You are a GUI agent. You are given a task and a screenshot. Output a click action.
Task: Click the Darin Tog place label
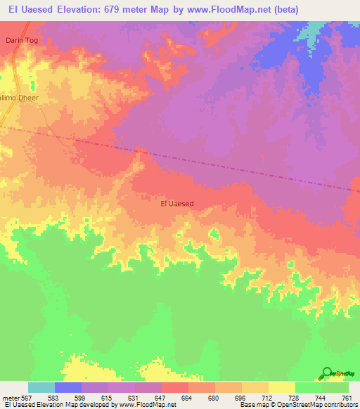click(x=21, y=41)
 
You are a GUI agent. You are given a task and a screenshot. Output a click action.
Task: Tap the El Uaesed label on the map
click(x=177, y=204)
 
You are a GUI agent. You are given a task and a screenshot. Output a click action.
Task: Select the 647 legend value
click(x=161, y=398)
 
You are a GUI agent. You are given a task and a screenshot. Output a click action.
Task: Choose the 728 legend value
click(x=294, y=398)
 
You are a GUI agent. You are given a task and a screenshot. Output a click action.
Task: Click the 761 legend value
click(x=346, y=398)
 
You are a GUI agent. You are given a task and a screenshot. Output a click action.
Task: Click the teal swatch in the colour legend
click(x=41, y=387)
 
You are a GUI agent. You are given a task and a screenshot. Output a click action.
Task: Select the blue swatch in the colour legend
click(x=67, y=387)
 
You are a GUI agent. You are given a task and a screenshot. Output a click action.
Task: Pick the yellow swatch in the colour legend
click(x=281, y=387)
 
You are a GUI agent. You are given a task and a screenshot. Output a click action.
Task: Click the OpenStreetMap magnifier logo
click(x=328, y=373)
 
